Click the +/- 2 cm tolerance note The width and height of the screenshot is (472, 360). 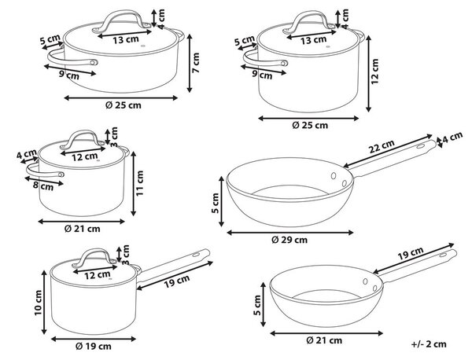pyautogui.click(x=429, y=344)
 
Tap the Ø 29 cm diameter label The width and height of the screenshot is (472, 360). pyautogui.click(x=289, y=240)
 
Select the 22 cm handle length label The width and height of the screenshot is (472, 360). pyautogui.click(x=382, y=146)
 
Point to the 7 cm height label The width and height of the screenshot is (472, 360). pyautogui.click(x=196, y=63)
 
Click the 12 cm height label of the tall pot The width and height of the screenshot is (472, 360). pyautogui.click(x=374, y=72)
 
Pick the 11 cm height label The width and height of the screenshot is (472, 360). pyautogui.click(x=140, y=183)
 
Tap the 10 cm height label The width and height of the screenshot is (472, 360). pyautogui.click(x=39, y=303)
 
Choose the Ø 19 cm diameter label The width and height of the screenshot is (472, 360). pyautogui.click(x=94, y=347)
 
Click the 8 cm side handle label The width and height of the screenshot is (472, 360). pyautogui.click(x=43, y=186)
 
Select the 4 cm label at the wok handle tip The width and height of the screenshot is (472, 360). pyautogui.click(x=452, y=137)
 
